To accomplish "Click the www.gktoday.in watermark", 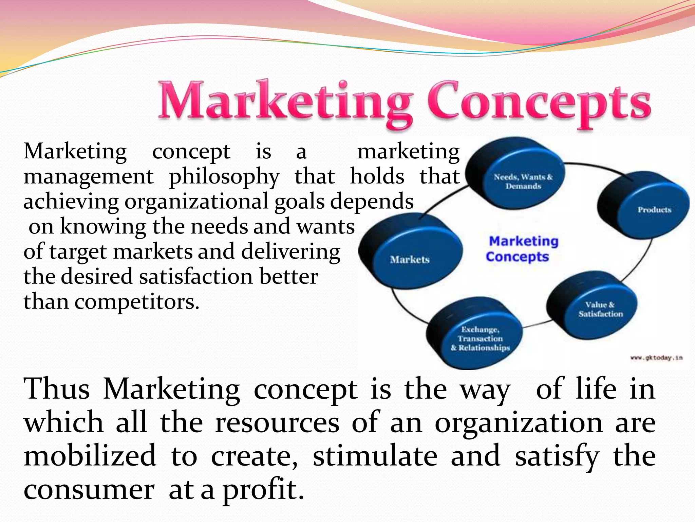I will [656, 358].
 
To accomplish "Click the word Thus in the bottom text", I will [57, 389].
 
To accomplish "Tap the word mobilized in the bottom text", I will [90, 456].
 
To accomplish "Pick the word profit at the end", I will [263, 490].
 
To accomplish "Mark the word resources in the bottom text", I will [277, 423].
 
